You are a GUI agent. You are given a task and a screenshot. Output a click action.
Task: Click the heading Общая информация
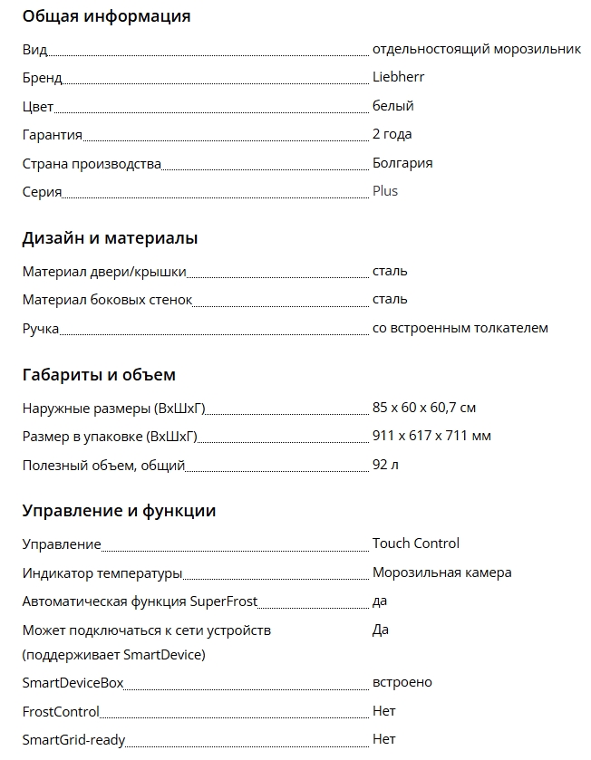tap(106, 16)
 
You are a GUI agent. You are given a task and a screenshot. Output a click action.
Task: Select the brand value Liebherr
tap(398, 77)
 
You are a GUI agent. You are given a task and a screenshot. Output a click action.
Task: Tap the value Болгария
tap(402, 163)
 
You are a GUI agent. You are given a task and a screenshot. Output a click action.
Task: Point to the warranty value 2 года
tap(392, 134)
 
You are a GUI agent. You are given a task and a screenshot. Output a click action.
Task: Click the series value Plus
tap(385, 191)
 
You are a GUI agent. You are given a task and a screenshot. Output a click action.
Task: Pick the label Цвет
tap(38, 106)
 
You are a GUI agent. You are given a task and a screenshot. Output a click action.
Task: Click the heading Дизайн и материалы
tap(110, 239)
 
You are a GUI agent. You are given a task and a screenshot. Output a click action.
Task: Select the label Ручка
tap(41, 328)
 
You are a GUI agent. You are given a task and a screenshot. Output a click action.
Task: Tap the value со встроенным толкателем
tap(460, 328)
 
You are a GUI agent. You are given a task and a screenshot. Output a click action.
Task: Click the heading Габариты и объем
tap(99, 375)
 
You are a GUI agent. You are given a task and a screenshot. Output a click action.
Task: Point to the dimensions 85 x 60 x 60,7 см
tap(424, 408)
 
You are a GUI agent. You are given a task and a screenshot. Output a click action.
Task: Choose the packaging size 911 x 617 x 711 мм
tap(431, 436)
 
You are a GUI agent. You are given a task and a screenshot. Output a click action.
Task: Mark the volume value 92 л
tap(385, 465)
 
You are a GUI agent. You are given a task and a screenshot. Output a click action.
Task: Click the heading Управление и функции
tap(119, 511)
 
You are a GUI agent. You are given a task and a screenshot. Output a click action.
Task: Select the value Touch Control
tap(416, 544)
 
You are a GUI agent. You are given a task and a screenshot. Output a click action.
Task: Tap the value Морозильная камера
tap(441, 572)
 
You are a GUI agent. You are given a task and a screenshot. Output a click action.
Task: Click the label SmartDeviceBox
tap(73, 682)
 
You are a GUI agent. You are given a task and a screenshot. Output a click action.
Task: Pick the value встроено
tap(402, 682)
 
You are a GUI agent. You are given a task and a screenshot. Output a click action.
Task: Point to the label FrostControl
tap(61, 711)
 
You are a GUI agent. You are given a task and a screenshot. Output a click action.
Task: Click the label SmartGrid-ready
tap(73, 739)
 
